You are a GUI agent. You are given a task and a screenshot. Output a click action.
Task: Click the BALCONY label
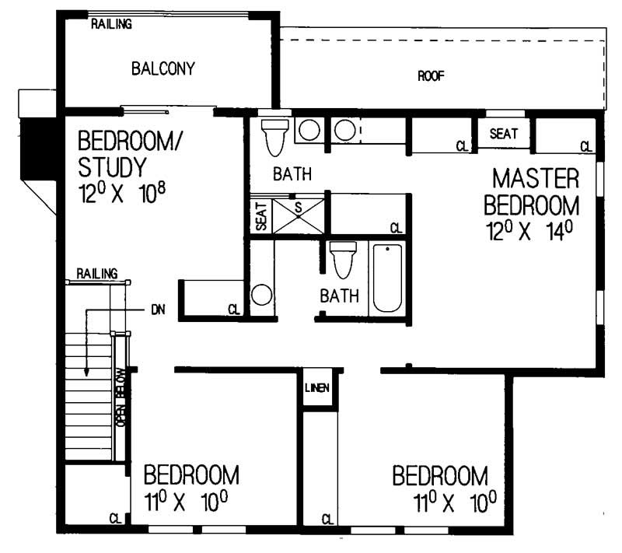(162, 68)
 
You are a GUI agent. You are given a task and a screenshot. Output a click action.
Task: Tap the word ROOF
(431, 75)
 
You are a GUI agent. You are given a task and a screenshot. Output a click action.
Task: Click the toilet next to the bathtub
(343, 259)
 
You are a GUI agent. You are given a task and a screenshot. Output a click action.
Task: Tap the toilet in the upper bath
(274, 137)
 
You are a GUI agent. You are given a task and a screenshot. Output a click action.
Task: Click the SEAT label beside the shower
(260, 216)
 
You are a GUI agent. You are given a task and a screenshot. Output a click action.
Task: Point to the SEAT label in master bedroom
(504, 134)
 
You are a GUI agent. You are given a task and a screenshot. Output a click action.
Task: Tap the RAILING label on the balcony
(111, 24)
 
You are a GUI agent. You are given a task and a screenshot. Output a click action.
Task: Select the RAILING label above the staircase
(96, 273)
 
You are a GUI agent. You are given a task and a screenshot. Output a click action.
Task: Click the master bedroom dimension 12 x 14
(531, 232)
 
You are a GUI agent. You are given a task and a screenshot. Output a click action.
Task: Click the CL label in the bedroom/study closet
(233, 310)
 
